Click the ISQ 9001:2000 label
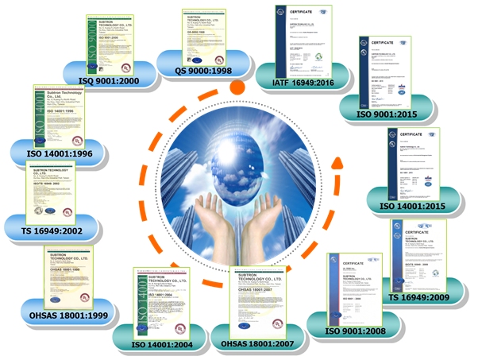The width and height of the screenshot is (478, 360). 110,79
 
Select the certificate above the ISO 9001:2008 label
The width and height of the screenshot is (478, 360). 355,285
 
